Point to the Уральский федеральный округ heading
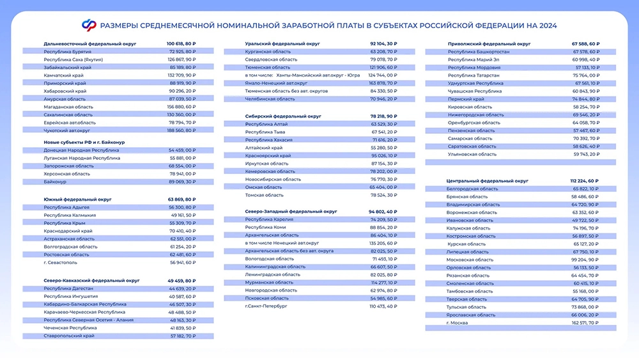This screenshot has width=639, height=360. coord(274,43)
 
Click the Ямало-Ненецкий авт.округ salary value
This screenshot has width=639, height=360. coord(383,82)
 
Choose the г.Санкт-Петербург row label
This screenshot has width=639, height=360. coord(266,306)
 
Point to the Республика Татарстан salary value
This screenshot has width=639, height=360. coord(585,75)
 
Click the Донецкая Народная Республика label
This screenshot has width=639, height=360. coord(81,150)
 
